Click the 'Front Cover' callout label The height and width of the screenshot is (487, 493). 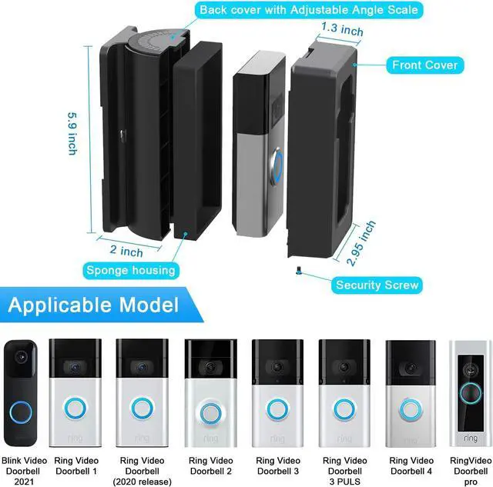point(424,65)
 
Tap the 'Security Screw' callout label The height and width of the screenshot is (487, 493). point(377,285)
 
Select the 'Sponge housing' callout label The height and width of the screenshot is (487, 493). point(131,270)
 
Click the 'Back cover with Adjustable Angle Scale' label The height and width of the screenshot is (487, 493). point(309,10)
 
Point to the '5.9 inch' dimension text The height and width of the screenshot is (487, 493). point(73,133)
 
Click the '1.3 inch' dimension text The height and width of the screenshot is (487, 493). point(342,29)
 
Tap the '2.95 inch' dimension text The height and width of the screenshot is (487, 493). point(361,243)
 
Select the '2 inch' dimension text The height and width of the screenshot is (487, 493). point(126,251)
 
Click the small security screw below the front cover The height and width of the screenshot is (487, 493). point(298,270)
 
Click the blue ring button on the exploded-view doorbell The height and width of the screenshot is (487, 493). point(277,164)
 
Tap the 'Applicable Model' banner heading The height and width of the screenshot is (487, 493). point(93,305)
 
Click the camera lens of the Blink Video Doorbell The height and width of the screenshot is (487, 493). point(22,357)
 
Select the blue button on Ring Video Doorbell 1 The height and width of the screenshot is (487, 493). point(75,409)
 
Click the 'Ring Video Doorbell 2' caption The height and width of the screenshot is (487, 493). point(210,465)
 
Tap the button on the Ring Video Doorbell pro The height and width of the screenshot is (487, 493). point(471,393)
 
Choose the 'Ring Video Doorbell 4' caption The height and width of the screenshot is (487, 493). point(411,465)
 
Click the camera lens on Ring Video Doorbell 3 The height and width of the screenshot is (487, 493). point(277,366)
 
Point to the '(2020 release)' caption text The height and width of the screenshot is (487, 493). point(142,482)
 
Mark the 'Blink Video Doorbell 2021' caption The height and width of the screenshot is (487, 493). point(24,471)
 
